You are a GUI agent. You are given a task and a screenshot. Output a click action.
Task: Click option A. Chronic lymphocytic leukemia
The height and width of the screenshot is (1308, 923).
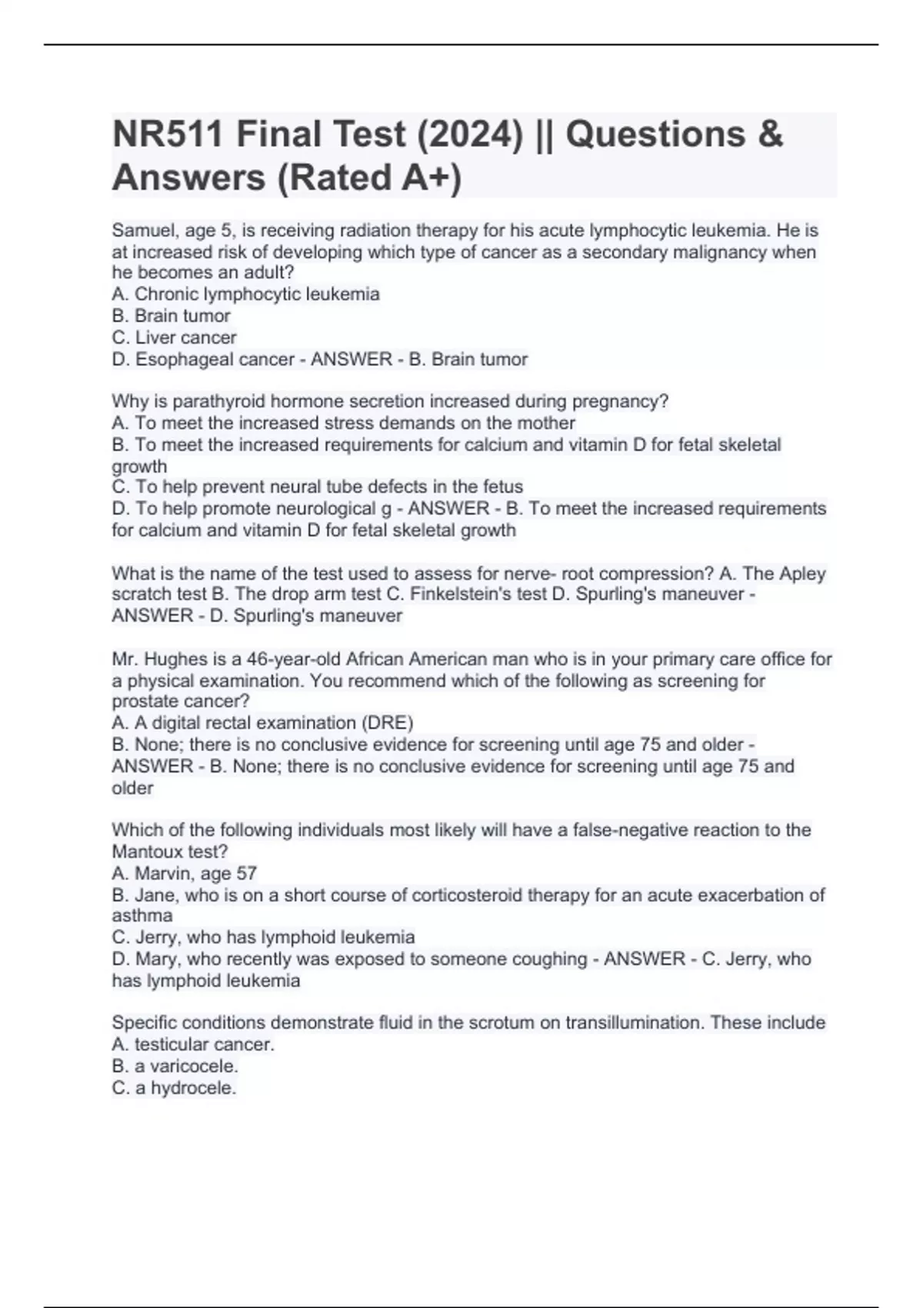pos(245,294)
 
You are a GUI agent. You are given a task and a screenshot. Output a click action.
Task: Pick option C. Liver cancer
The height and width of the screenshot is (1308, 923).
pos(174,337)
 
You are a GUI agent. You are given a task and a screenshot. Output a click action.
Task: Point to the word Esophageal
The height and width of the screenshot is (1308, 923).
pos(182,359)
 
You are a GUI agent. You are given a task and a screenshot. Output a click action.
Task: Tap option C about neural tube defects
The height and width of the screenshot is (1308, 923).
pos(317,487)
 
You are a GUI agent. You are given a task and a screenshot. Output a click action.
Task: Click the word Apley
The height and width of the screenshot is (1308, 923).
pos(802,573)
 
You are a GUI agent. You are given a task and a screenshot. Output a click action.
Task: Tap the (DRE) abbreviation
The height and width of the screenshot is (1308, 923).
pos(387,723)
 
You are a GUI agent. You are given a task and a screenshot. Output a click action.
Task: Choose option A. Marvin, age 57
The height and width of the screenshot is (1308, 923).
pos(184,873)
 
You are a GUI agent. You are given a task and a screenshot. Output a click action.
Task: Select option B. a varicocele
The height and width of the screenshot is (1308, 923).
pos(175,1066)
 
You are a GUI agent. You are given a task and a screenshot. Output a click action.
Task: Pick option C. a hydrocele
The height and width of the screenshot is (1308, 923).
pos(174,1088)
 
